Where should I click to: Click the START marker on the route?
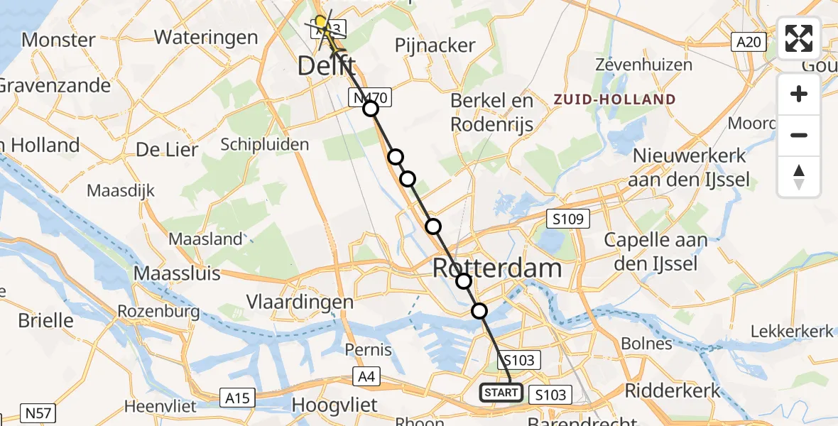point(501,392)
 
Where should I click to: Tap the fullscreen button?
point(799,38)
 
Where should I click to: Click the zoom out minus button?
point(799,135)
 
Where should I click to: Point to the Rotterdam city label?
point(497,268)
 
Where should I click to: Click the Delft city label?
point(326,67)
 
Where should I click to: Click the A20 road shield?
point(749,43)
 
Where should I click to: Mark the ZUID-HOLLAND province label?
point(615,99)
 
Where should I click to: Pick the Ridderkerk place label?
point(673,390)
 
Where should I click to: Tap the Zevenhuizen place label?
point(644,65)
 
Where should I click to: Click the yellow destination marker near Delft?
point(321,23)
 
